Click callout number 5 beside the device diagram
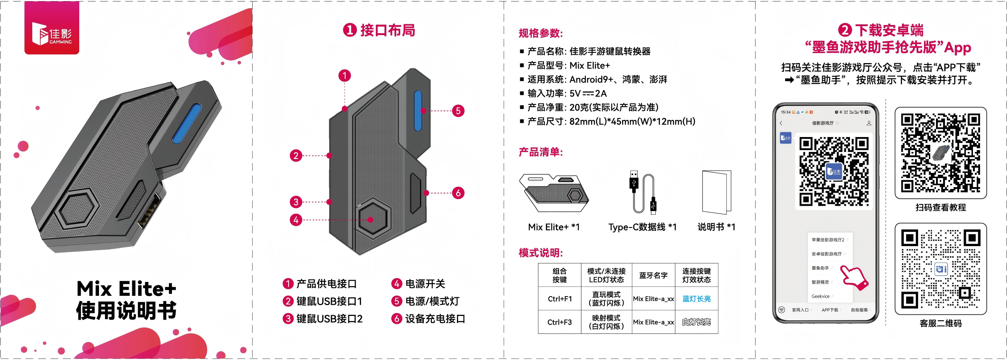point(458,111)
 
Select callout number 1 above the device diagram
point(345,75)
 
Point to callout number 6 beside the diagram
point(458,193)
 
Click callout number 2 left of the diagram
point(296,156)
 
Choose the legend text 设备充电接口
point(435,319)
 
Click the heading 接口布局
point(387,30)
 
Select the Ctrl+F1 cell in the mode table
point(559,299)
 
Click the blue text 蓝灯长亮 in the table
point(696,299)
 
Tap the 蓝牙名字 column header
point(653,276)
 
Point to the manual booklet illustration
point(716,192)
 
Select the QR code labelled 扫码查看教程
point(940,153)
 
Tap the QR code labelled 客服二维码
point(940,269)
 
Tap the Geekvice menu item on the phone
point(820,296)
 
